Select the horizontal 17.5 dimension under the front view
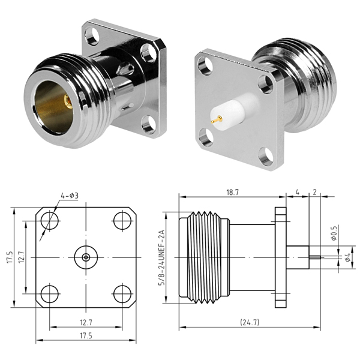coord(86,335)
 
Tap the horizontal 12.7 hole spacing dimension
coord(86,322)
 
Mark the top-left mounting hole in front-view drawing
coord(50,220)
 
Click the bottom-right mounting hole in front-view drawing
coord(122,293)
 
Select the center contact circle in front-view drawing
coord(86,257)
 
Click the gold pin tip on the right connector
coord(214,121)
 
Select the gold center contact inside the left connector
coord(67,103)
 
